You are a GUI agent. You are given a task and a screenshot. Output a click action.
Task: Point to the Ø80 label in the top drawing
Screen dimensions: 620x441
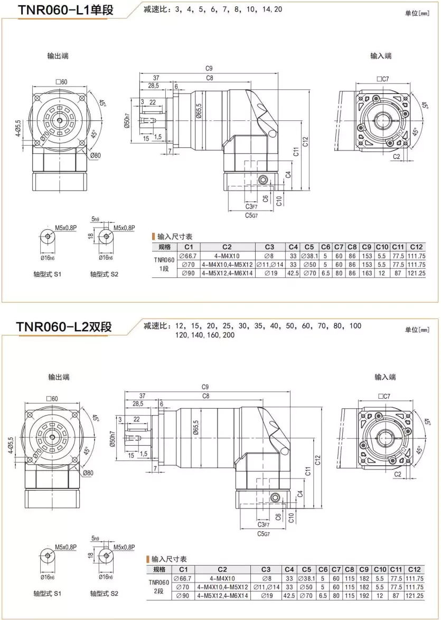pos(95,156)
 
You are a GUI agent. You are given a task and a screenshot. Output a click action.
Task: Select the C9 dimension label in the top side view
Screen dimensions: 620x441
pos(209,69)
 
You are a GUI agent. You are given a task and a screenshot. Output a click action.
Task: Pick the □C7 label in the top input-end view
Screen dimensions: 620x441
pos(383,79)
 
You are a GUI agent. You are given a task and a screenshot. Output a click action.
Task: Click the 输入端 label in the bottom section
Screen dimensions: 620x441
pos(385,377)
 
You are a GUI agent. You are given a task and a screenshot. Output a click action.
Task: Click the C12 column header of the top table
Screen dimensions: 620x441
pos(417,247)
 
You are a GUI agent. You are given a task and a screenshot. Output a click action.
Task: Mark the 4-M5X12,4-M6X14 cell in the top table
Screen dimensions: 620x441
pos(228,274)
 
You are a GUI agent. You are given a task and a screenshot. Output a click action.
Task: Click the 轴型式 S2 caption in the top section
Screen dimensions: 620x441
pos(104,274)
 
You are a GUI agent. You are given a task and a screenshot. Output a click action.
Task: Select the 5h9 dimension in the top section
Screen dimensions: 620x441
pos(96,218)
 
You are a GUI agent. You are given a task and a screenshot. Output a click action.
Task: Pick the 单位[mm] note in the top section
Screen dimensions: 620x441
pos(417,14)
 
